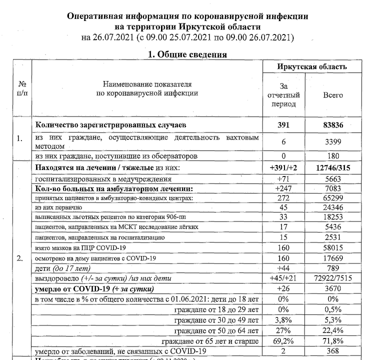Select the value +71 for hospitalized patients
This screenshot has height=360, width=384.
pos(283,178)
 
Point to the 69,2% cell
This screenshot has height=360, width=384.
pos(283,341)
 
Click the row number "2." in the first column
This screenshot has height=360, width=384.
pos(19,259)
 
